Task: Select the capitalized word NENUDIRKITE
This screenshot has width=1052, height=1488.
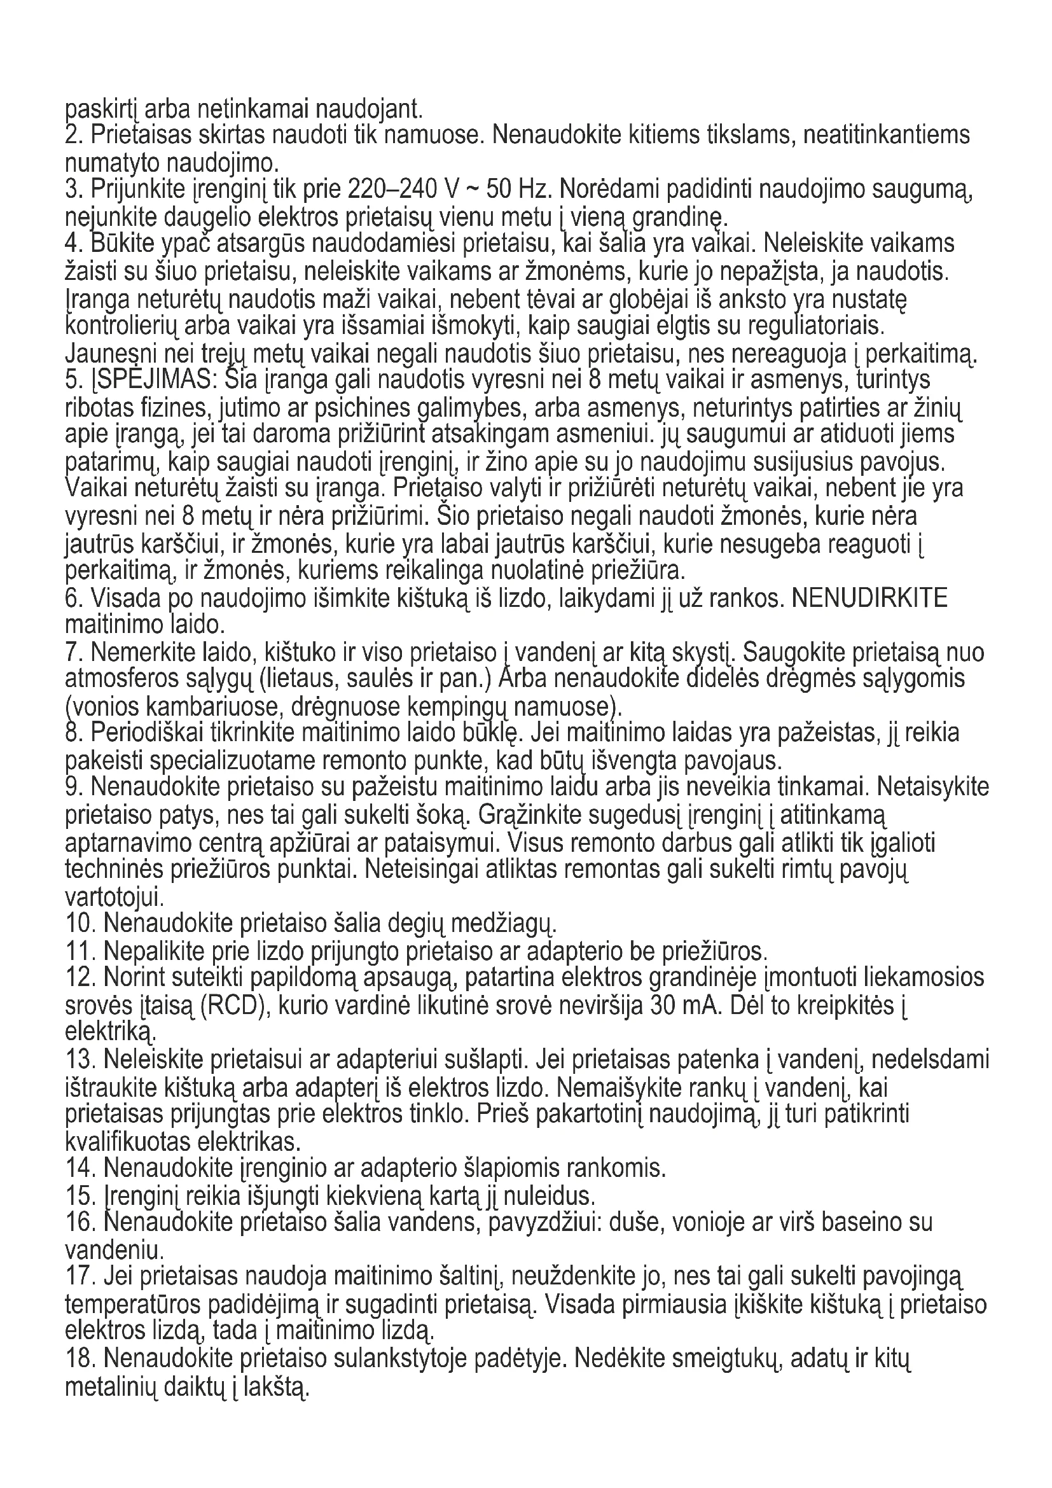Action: tap(870, 597)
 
